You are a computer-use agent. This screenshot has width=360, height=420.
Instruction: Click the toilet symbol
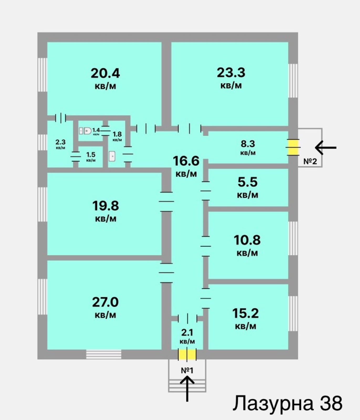pos(85,130)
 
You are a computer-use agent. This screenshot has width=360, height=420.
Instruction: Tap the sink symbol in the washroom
pos(112,156)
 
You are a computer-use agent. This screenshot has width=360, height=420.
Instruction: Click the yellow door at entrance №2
pos(293,147)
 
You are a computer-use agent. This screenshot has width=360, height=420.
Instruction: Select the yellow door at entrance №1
pos(187,354)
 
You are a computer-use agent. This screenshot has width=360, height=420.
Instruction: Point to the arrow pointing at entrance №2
pos(326,148)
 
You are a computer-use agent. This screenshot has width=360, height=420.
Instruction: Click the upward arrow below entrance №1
pos(187,389)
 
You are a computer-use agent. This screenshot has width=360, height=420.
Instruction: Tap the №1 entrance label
pos(187,370)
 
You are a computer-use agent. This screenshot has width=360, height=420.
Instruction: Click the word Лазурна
pos(273,403)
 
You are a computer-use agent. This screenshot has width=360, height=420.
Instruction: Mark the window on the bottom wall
pos(104,354)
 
